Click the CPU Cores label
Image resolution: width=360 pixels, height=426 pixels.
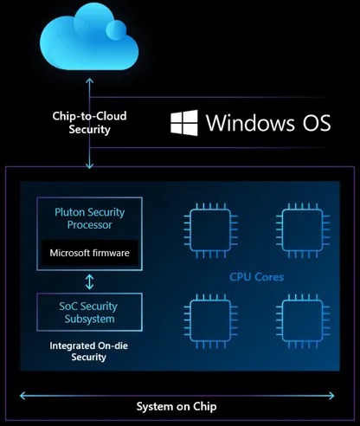257,278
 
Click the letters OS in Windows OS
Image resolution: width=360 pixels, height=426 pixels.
313,122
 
